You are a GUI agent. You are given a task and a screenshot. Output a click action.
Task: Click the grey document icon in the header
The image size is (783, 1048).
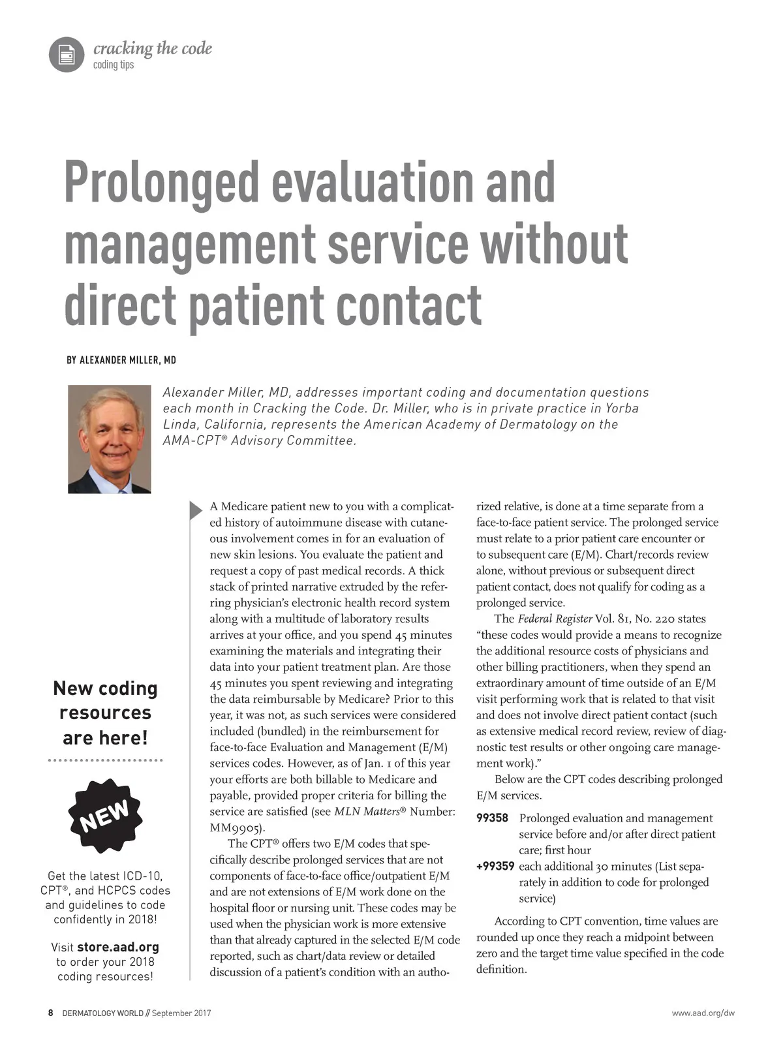(67, 54)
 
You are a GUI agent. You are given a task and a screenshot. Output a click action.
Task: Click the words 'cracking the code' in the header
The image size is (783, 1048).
(153, 48)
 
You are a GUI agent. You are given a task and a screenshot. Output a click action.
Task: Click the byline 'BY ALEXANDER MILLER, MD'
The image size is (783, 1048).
(121, 360)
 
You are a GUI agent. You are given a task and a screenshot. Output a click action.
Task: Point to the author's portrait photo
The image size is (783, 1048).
(110, 439)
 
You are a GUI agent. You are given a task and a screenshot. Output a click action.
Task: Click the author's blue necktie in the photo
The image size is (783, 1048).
(110, 483)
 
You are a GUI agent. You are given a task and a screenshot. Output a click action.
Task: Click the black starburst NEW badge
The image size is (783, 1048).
(105, 815)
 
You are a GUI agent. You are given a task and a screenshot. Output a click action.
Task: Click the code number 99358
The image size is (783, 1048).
(493, 818)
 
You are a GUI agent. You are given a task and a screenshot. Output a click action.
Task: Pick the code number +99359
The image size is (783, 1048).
(495, 867)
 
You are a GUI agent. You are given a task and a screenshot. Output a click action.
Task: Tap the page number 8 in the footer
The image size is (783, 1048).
(51, 1013)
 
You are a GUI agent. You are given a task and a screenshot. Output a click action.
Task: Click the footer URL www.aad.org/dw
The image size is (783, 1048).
(703, 1013)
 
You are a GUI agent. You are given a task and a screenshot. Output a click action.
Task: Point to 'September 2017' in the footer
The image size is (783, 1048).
(181, 1013)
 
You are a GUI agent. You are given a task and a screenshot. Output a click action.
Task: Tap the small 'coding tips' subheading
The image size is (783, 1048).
(114, 65)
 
